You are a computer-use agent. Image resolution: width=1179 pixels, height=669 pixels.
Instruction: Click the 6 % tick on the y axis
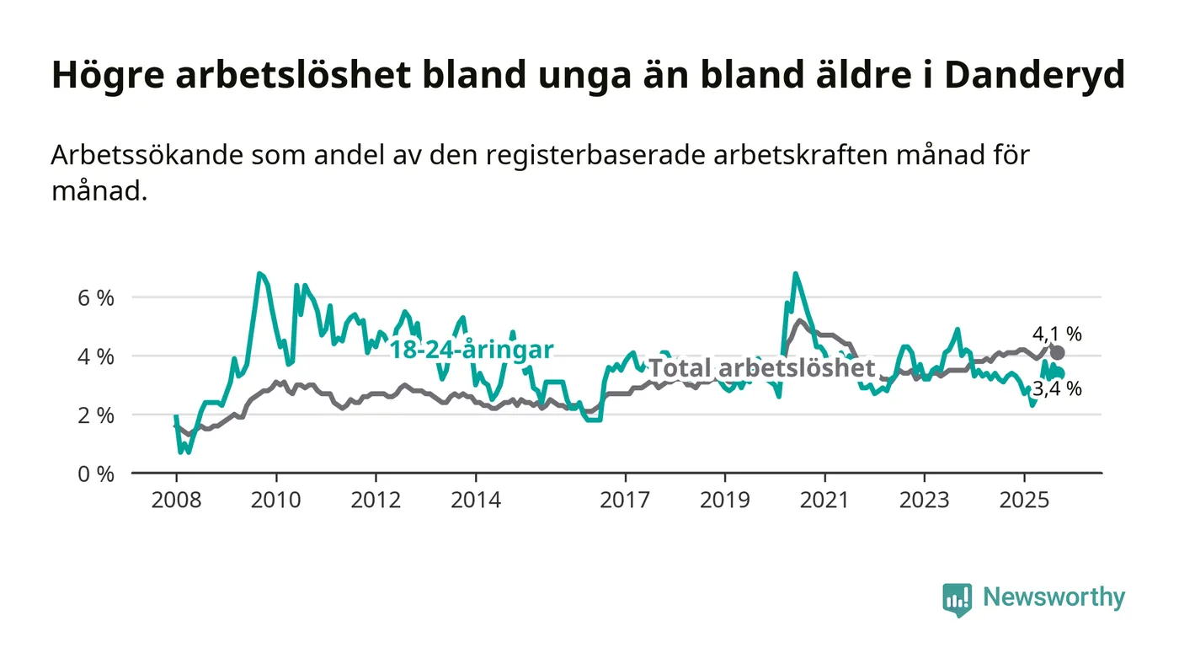tap(94, 297)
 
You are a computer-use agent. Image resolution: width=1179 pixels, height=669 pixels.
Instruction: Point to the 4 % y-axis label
tap(94, 356)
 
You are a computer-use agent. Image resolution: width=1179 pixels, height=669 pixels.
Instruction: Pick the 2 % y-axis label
tap(94, 415)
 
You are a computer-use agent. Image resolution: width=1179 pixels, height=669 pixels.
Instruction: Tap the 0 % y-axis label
tap(94, 474)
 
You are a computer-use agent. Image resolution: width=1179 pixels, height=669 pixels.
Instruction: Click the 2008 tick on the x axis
tap(176, 500)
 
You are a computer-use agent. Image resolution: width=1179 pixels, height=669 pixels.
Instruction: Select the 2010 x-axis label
tap(276, 500)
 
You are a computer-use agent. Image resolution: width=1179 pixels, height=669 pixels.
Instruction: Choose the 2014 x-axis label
tap(476, 500)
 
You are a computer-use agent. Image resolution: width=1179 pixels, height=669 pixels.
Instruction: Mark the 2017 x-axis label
tap(625, 500)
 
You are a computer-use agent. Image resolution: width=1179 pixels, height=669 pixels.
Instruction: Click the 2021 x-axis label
tap(824, 500)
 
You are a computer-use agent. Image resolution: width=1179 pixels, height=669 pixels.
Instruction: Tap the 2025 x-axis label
tap(1024, 500)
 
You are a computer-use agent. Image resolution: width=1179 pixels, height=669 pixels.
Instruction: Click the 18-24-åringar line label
tap(471, 350)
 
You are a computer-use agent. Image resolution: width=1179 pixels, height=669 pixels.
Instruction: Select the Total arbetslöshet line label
tap(762, 368)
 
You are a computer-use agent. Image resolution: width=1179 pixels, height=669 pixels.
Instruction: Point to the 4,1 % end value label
tap(1057, 334)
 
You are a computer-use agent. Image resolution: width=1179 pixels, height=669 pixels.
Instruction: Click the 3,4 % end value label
tap(1057, 389)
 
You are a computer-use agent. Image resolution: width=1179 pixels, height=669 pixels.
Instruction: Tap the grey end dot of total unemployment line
tap(1058, 353)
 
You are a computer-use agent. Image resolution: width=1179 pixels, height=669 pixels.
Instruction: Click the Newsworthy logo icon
tap(957, 599)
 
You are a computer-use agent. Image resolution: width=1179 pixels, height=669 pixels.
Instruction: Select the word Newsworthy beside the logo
tap(1054, 597)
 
